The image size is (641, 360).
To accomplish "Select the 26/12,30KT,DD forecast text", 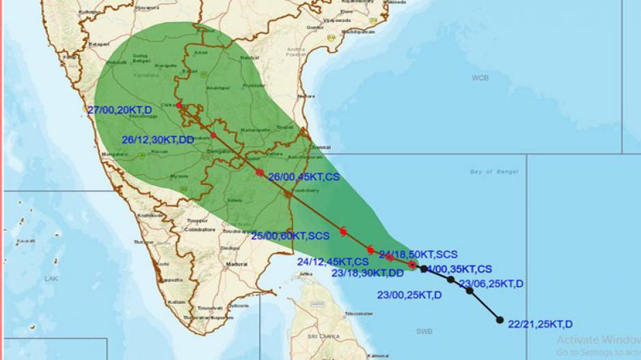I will point(158,139).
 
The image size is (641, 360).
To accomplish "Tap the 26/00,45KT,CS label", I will point(303,176).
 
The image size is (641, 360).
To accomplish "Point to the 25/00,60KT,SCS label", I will point(290,236).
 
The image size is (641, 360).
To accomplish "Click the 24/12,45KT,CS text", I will point(333,261).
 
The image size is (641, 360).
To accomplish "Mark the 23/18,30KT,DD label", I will point(367,273).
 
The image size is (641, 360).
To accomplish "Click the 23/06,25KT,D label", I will point(491,283).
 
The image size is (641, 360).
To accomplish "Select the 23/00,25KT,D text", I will point(409,295).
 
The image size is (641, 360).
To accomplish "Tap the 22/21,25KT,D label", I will point(540,324).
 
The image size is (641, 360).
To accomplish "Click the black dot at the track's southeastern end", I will point(500,320).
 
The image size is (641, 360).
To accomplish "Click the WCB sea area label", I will point(480,78).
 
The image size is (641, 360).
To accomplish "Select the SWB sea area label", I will point(424,331).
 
